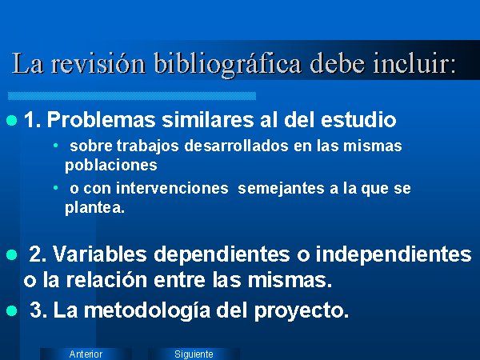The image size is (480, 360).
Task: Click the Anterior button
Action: click(86, 354)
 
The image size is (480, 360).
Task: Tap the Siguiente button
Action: click(194, 354)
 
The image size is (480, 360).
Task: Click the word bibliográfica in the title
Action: click(228, 64)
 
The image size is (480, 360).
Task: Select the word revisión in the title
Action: click(98, 63)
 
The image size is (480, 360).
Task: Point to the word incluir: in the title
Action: click(414, 63)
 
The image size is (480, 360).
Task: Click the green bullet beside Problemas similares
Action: click(12, 120)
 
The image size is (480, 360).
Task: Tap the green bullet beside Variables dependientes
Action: click(12, 254)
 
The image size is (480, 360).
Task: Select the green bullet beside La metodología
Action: click(12, 310)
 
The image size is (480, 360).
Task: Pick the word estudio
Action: click(358, 119)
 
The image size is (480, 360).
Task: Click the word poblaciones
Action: click(111, 166)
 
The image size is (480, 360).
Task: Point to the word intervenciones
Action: click(172, 188)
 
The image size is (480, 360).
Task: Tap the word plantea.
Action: click(95, 208)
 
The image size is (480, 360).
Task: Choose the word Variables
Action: click(100, 254)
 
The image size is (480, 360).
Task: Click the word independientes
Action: click(394, 254)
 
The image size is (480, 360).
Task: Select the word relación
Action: click(107, 280)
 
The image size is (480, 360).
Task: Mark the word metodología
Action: click(147, 311)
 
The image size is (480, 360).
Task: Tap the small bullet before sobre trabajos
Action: click(55, 145)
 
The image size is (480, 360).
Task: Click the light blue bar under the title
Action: click(132, 96)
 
